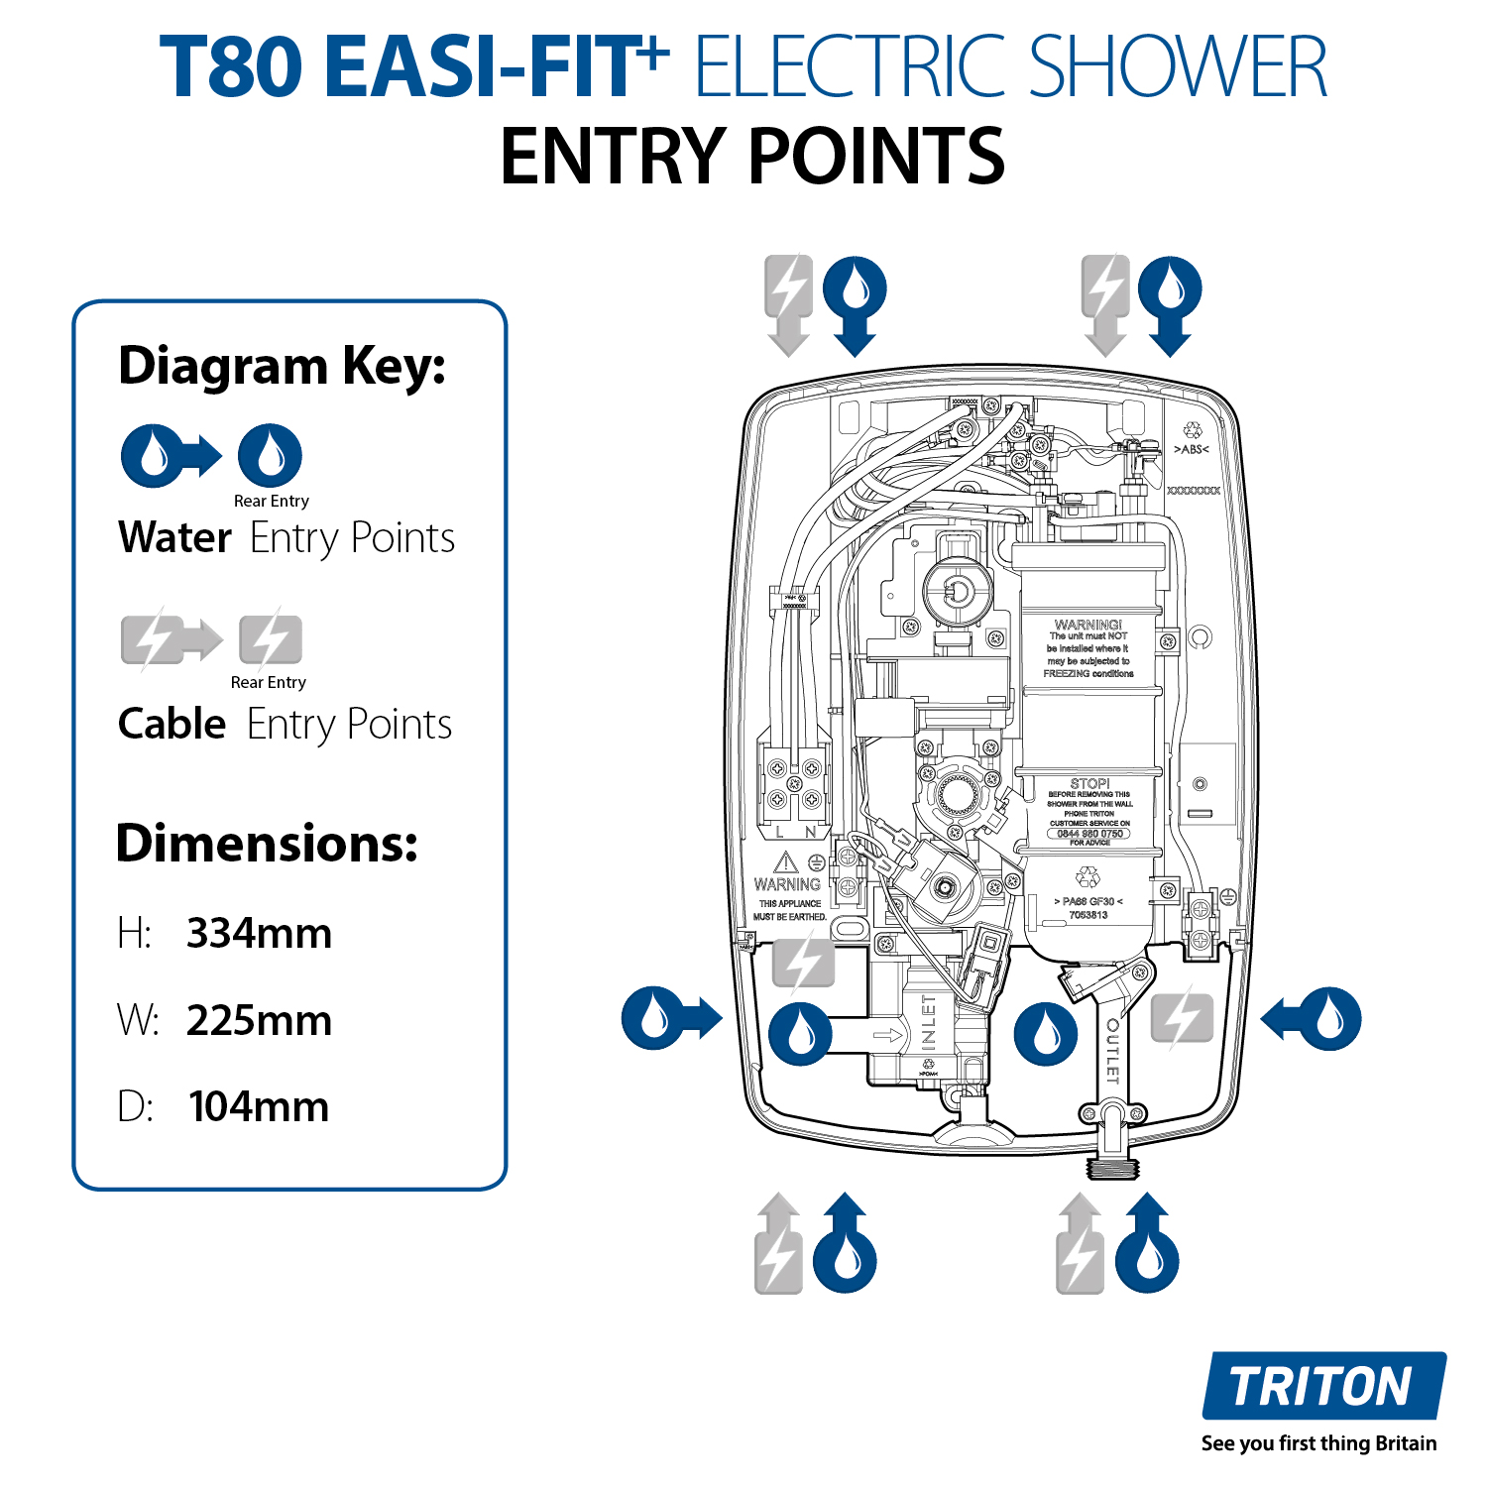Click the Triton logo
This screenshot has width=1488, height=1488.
click(1322, 1385)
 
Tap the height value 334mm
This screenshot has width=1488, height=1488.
click(259, 934)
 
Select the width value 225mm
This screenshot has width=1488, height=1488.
click(259, 1020)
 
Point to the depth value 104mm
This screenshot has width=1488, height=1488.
click(259, 1106)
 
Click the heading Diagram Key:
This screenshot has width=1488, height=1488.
click(282, 366)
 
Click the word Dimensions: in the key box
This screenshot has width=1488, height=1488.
click(267, 844)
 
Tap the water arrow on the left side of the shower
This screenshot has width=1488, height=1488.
click(671, 1018)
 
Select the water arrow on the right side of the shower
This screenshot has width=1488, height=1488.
click(1312, 1018)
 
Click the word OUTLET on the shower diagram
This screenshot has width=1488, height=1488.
click(1112, 1051)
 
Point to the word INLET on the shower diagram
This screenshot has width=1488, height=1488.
click(928, 1022)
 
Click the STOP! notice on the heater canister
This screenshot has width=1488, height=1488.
click(1089, 783)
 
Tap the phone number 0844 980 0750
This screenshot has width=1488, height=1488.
click(1089, 834)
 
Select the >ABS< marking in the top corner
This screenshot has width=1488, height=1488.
click(1191, 449)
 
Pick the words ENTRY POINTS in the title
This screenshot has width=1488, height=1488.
click(752, 157)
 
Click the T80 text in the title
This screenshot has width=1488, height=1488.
click(231, 67)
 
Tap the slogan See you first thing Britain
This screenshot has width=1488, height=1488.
click(1318, 1443)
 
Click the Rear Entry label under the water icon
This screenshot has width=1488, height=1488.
click(271, 501)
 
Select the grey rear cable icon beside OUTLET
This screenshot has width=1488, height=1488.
click(1182, 1018)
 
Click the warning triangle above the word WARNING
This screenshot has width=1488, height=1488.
click(785, 861)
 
